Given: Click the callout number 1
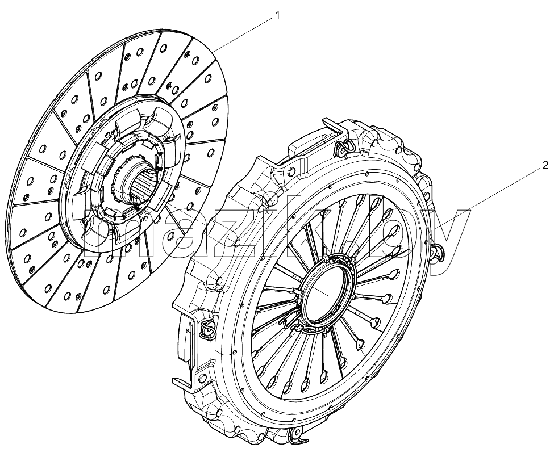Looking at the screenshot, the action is [x=277, y=15].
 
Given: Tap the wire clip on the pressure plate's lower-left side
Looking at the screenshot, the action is [x=208, y=330].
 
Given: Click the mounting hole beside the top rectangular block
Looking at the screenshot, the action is [x=291, y=171].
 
